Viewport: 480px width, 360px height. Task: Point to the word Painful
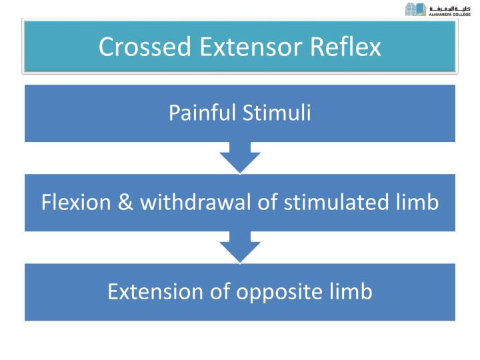point(203,113)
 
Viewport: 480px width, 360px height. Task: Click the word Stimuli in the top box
point(276,113)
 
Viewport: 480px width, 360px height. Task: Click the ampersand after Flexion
point(125,202)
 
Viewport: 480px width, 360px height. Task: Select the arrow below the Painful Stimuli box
point(240,157)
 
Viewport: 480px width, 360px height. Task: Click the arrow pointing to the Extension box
point(240,247)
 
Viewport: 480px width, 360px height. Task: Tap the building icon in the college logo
point(415,9)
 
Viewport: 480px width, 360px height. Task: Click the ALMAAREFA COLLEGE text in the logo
point(450,13)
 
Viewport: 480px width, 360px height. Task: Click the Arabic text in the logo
point(450,7)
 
